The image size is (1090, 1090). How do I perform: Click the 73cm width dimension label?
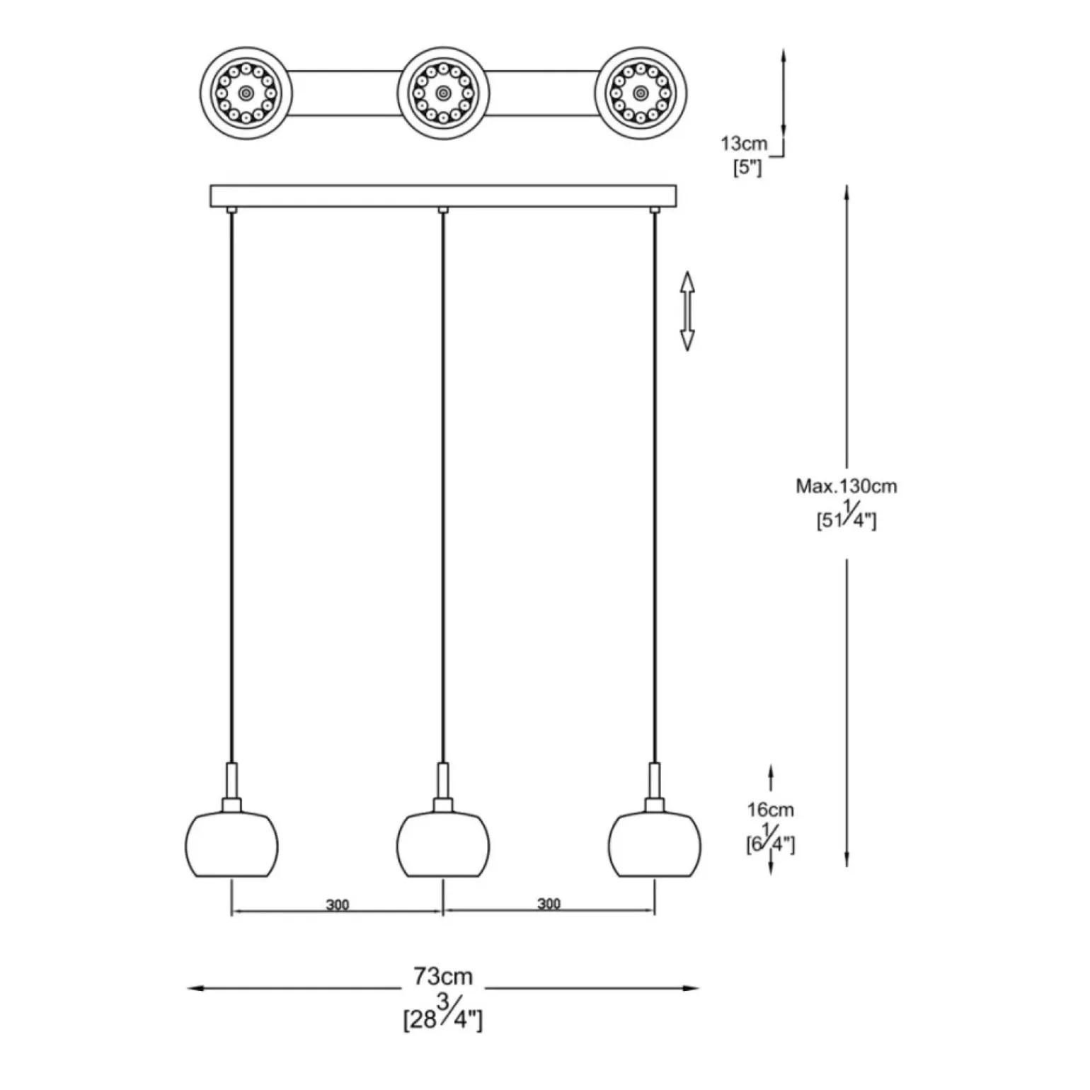click(x=443, y=977)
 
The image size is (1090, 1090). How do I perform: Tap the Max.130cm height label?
click(x=847, y=487)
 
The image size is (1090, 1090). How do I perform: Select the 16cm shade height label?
click(x=771, y=810)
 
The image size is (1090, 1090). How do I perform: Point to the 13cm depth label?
click(x=744, y=144)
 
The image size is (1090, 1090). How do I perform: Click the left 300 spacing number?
click(x=338, y=905)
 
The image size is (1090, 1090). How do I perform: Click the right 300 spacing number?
click(x=549, y=904)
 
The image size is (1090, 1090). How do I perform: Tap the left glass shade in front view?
click(x=231, y=845)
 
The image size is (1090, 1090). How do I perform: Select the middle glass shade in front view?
click(x=443, y=845)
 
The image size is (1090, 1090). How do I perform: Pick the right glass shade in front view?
click(x=654, y=845)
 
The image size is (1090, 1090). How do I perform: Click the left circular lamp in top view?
click(x=246, y=93)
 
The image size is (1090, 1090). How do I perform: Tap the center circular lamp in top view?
click(x=443, y=93)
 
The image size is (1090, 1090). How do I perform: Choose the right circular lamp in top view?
click(x=641, y=93)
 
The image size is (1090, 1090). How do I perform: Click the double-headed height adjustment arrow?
click(x=687, y=311)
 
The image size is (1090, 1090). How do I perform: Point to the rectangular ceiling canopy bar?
click(x=443, y=196)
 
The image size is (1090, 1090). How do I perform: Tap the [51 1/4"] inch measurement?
click(x=847, y=519)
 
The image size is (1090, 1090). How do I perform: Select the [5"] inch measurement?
click(x=747, y=169)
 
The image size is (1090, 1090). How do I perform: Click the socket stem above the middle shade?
click(x=443, y=781)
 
